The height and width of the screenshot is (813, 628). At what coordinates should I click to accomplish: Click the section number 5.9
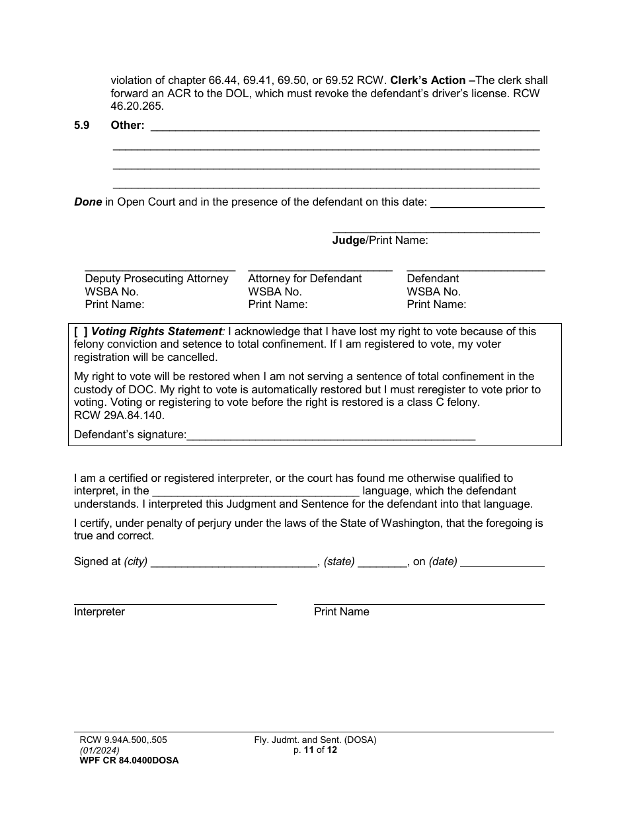82,125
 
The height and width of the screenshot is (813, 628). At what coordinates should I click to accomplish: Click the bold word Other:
128,125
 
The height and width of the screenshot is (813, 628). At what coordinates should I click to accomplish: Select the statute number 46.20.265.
137,106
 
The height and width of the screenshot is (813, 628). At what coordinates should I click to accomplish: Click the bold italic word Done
87,202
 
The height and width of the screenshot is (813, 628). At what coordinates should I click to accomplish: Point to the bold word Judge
348,241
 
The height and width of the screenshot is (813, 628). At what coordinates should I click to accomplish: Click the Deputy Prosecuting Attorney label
157,278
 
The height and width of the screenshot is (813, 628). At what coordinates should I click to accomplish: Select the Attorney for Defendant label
305,278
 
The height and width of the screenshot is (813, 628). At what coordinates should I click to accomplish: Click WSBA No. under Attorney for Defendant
274,291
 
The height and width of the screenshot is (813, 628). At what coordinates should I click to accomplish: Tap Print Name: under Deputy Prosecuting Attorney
114,305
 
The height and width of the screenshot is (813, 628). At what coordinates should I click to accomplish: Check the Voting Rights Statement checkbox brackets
81,332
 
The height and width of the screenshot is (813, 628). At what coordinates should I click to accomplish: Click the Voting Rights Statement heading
157,332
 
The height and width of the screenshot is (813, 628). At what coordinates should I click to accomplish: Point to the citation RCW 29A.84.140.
119,416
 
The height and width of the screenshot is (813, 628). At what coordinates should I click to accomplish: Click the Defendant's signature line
331,434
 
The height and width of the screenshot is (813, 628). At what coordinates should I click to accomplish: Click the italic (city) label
136,562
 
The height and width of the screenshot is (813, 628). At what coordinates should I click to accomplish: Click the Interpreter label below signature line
99,612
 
